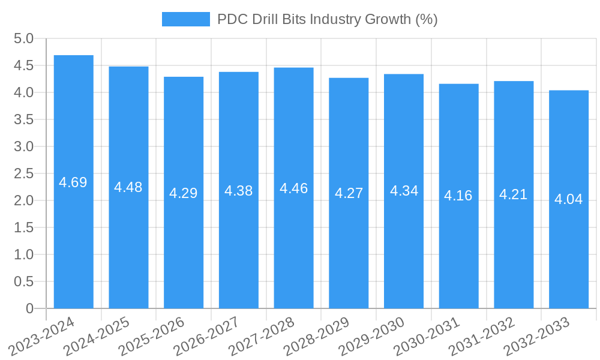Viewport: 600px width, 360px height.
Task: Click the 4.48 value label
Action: pyautogui.click(x=128, y=187)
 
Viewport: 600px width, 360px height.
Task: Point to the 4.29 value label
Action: pyautogui.click(x=183, y=193)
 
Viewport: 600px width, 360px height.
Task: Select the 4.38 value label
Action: pyautogui.click(x=238, y=191)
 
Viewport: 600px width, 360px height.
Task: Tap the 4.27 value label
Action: pyautogui.click(x=349, y=193)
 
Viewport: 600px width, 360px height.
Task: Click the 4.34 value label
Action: pyautogui.click(x=404, y=191)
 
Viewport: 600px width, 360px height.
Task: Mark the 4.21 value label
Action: pyautogui.click(x=514, y=194)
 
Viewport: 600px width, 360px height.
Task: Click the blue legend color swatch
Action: pyautogui.click(x=185, y=19)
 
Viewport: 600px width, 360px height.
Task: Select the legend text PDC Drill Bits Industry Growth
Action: pyautogui.click(x=327, y=19)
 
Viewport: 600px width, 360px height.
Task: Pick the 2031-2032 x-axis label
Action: pyautogui.click(x=482, y=337)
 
